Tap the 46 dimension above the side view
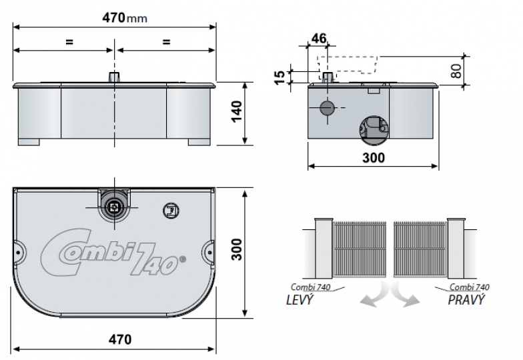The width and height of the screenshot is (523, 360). (319, 39)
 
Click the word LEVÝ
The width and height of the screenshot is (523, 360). (296, 299)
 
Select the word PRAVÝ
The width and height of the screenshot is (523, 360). (466, 299)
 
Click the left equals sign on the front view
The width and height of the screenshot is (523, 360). (68, 42)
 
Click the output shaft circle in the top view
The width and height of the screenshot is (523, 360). (114, 207)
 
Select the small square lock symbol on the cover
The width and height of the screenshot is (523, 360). (169, 211)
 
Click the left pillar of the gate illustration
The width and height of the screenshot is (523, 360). (324, 246)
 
